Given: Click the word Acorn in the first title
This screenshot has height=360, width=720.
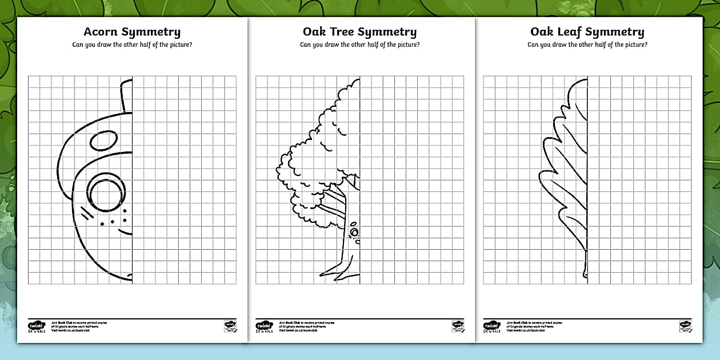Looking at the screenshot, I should pyautogui.click(x=101, y=32).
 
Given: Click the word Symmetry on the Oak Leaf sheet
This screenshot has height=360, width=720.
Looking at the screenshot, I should pyautogui.click(x=615, y=33).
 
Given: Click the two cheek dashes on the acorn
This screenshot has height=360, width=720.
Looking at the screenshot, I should pyautogui.click(x=86, y=213).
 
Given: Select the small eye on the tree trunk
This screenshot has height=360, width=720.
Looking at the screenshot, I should pyautogui.click(x=354, y=232).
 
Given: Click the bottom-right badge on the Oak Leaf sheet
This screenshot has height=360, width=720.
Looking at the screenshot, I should pyautogui.click(x=685, y=326).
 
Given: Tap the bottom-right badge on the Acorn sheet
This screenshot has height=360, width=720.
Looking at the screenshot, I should pyautogui.click(x=230, y=326).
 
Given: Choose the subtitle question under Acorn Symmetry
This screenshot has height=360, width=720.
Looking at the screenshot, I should pyautogui.click(x=132, y=45).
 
